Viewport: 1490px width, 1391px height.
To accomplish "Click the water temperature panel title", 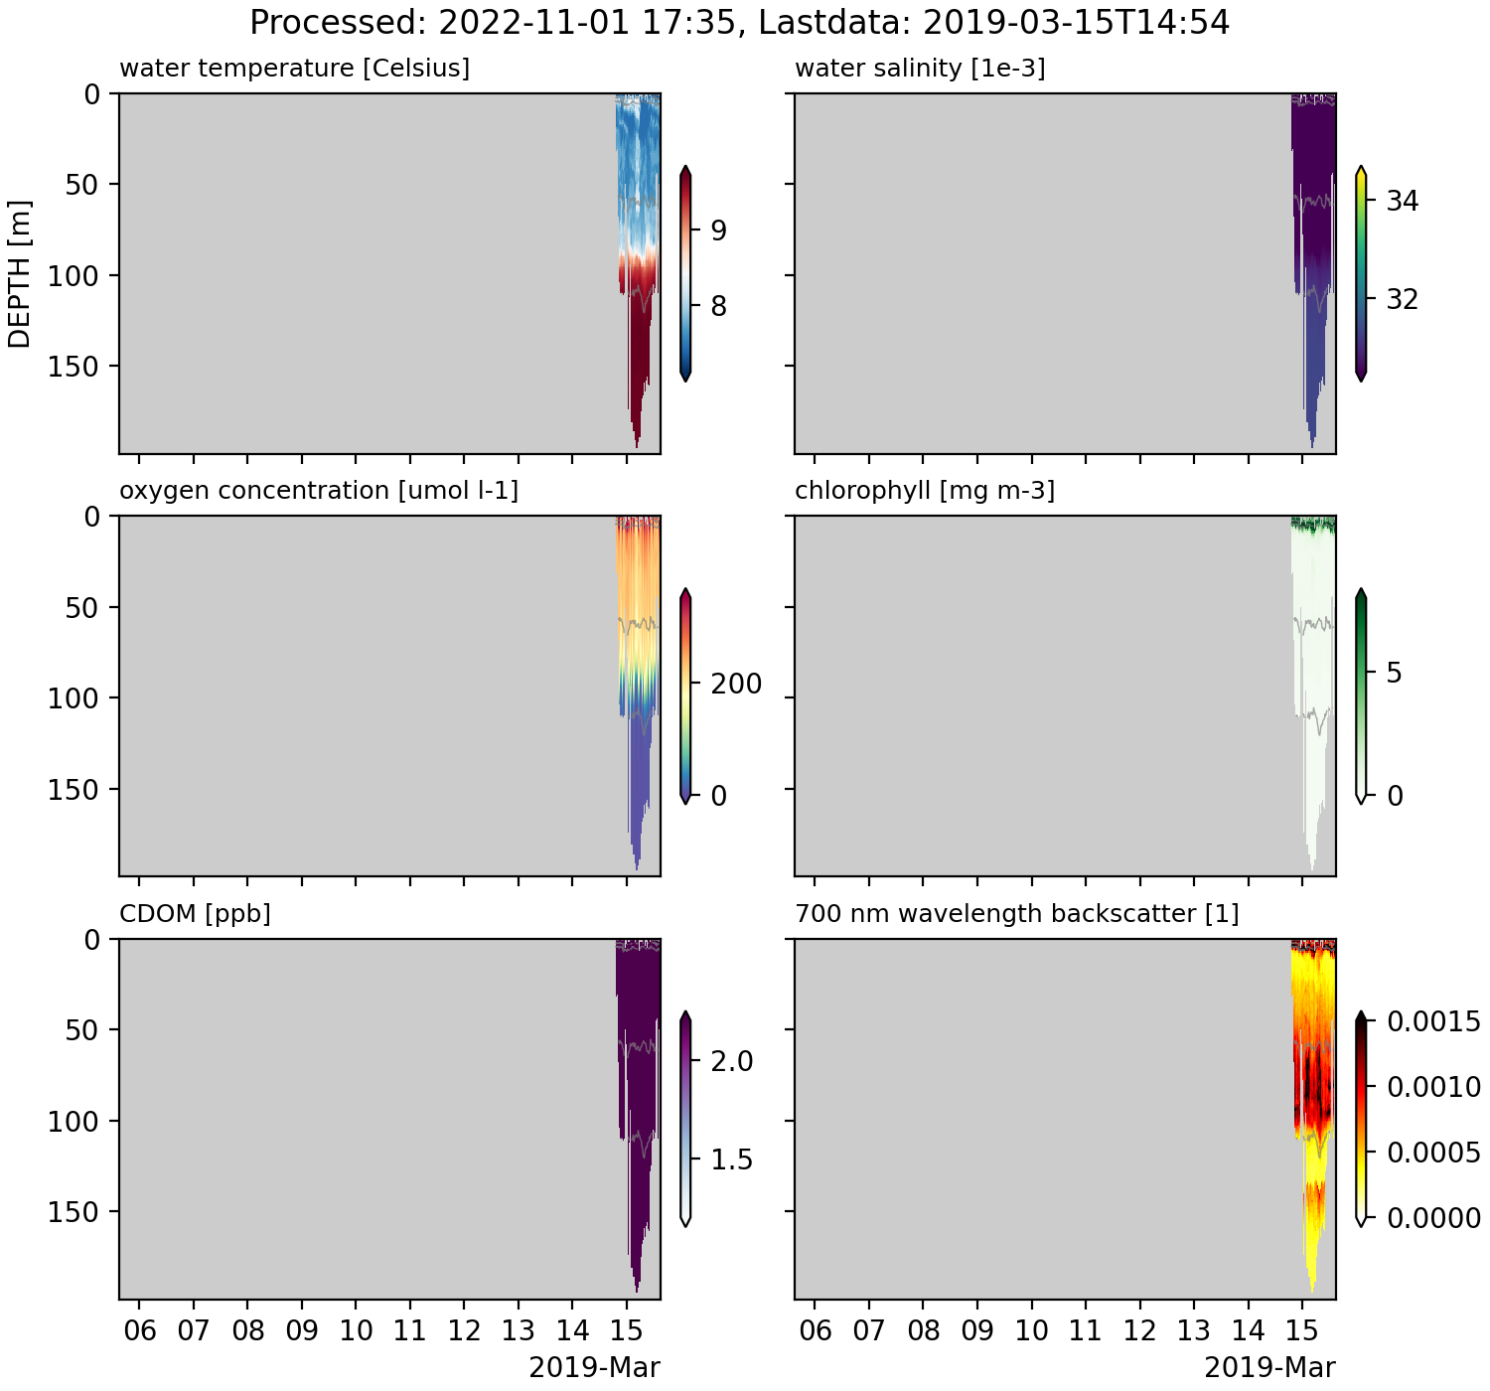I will coord(294,69).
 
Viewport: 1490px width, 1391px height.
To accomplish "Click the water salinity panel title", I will coord(920,69).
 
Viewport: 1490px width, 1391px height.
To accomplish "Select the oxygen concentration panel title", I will coord(318,491).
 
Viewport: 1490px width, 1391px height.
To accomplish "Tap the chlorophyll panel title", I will coord(925,491).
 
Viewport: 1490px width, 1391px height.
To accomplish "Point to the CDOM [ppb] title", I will coord(195,913).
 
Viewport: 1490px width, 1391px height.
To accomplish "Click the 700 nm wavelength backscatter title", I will coord(1017,913).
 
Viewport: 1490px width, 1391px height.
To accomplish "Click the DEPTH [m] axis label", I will coord(20,274).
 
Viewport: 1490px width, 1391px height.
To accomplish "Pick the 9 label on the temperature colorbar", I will coord(717,231).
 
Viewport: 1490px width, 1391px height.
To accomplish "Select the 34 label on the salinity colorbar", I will coord(1402,202).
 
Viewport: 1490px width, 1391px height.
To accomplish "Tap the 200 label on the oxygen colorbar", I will coord(736,684).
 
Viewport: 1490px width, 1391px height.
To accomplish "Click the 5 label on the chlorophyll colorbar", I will coord(1394,674).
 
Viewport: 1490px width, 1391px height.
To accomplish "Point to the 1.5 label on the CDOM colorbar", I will coord(732,1160).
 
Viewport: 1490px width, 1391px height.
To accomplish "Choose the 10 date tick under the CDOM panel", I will coord(356,1330).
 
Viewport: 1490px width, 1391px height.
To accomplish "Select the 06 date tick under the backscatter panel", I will coord(816,1330).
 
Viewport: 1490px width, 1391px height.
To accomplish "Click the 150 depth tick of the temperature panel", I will coord(74,367).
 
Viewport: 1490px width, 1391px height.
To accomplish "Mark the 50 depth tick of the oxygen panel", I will coord(82,608).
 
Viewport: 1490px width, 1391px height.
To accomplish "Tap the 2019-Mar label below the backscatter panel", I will coord(1269,1368).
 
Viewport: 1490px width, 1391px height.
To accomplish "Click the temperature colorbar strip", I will coord(685,274).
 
